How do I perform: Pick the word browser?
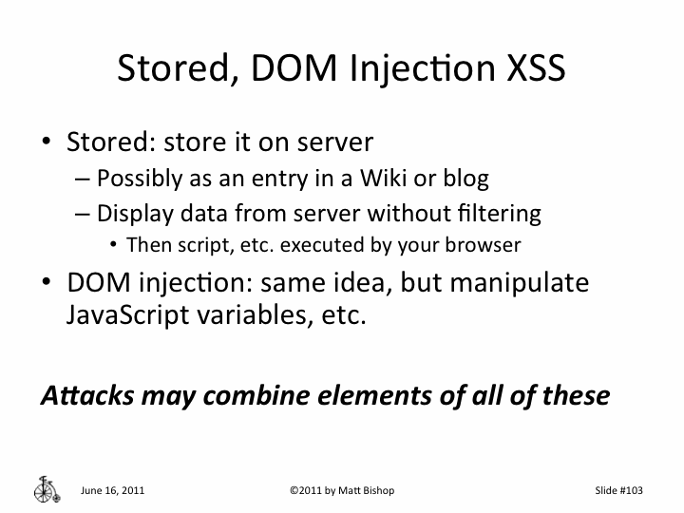[x=486, y=245]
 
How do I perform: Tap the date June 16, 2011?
[x=113, y=491]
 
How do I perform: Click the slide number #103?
[x=617, y=491]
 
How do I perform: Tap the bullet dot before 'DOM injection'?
[x=47, y=283]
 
